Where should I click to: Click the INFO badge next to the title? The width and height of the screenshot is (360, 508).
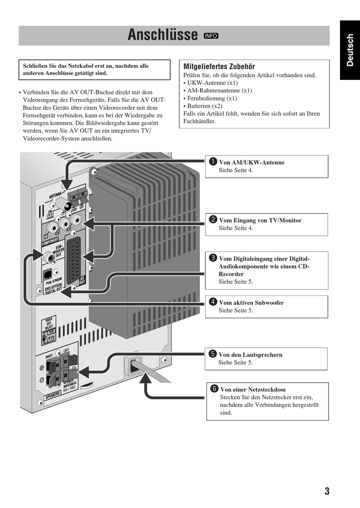click(x=211, y=36)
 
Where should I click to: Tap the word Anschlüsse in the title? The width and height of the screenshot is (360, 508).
click(x=163, y=35)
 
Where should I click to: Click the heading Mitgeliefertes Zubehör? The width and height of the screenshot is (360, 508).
click(x=219, y=66)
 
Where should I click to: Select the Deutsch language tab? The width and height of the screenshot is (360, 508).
click(x=350, y=50)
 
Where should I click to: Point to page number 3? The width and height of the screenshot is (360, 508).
click(x=327, y=491)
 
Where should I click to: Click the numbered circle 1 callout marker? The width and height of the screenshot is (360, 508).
click(x=213, y=162)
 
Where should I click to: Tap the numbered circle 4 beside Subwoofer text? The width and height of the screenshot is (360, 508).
click(x=213, y=302)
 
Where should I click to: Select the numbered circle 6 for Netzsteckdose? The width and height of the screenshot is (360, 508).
click(x=214, y=389)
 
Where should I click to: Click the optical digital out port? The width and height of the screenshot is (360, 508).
click(x=47, y=274)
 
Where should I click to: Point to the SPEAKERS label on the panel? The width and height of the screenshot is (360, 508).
click(x=53, y=395)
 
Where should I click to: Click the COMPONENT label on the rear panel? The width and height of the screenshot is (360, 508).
click(x=50, y=241)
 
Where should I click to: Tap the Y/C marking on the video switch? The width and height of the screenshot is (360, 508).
click(x=51, y=339)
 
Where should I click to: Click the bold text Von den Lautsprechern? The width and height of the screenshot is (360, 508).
click(x=250, y=355)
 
